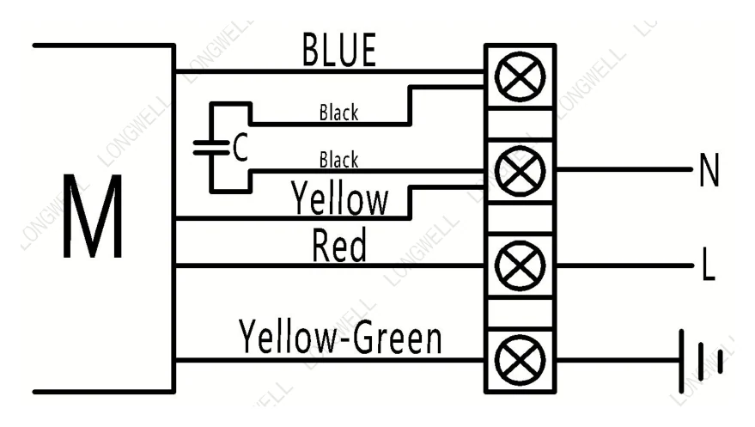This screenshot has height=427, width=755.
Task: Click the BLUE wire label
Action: pyautogui.click(x=339, y=50)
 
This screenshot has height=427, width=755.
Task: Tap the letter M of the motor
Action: pyautogui.click(x=93, y=217)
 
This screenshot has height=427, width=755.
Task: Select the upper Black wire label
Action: pyautogui.click(x=339, y=113)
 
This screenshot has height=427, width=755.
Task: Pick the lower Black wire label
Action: pyautogui.click(x=339, y=159)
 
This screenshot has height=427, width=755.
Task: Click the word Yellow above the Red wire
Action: pyautogui.click(x=339, y=198)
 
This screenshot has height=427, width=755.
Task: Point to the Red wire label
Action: pyautogui.click(x=339, y=245)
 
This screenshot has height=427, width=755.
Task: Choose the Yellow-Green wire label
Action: pyautogui.click(x=340, y=337)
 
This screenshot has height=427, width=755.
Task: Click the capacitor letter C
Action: pyautogui.click(x=241, y=147)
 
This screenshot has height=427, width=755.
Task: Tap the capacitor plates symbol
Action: pyautogui.click(x=211, y=147)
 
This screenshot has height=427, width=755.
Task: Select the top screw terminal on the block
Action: pyautogui.click(x=520, y=77)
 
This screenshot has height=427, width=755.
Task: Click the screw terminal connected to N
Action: pyautogui.click(x=520, y=171)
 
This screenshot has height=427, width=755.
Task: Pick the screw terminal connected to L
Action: pyautogui.click(x=520, y=265)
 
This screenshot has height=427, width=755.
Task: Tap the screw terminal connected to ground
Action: pyautogui.click(x=520, y=360)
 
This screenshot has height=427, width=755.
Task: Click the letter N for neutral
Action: pyautogui.click(x=709, y=169)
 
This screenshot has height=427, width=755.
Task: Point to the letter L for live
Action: pyautogui.click(x=709, y=264)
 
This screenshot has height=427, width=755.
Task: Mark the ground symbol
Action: pyautogui.click(x=701, y=361)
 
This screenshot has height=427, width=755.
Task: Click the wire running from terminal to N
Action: pyautogui.click(x=624, y=169)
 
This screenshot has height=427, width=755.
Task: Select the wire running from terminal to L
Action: pyautogui.click(x=624, y=265)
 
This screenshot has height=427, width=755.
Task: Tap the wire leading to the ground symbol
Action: pyautogui.click(x=618, y=360)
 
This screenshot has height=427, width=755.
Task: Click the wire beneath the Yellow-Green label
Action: pyautogui.click(x=330, y=360)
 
